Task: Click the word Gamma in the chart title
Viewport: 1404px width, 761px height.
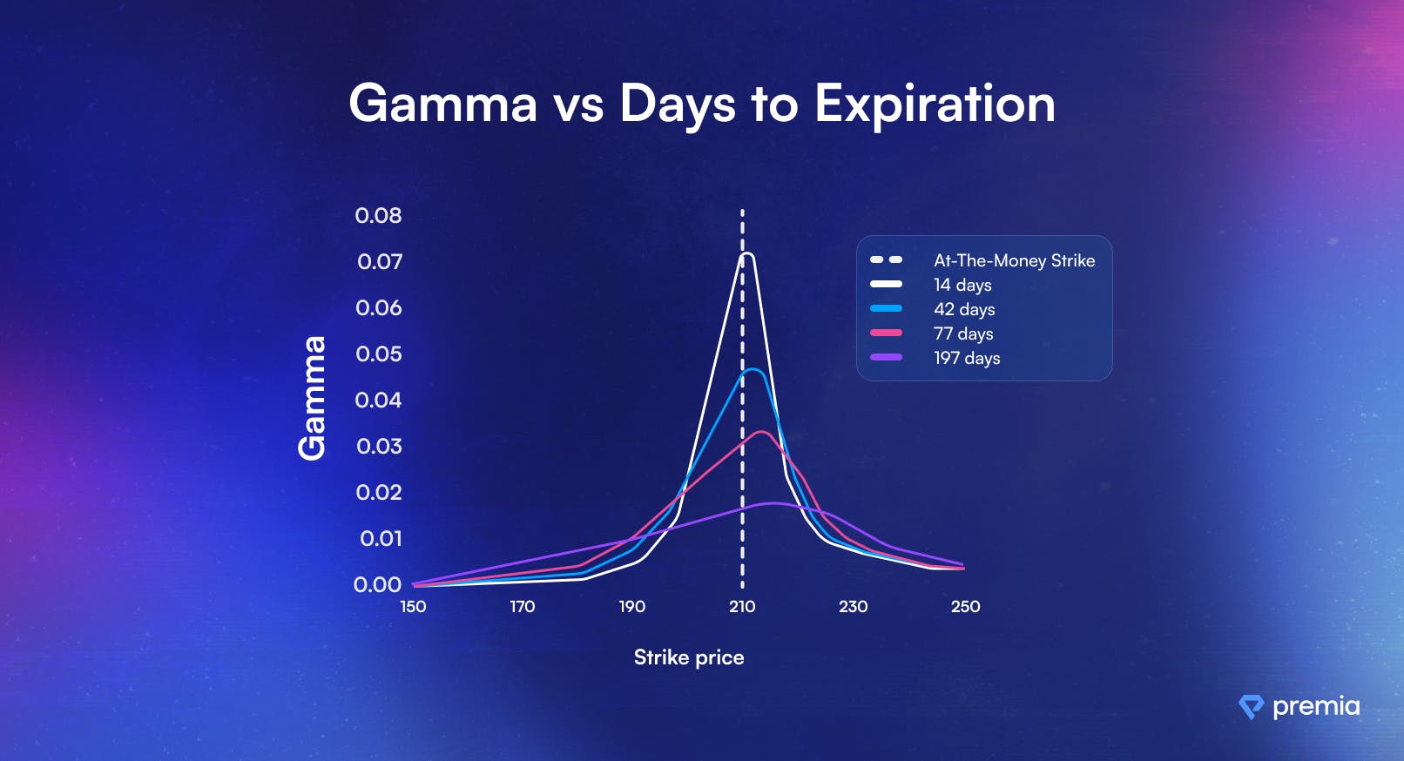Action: click(443, 104)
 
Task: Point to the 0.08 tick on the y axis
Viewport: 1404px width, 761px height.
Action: click(378, 216)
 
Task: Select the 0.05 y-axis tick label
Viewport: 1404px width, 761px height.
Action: click(378, 354)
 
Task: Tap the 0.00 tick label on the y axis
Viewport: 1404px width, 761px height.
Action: click(377, 585)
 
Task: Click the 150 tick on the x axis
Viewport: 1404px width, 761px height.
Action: click(413, 607)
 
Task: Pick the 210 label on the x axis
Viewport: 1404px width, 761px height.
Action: click(742, 607)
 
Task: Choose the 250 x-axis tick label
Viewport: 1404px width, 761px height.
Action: click(965, 607)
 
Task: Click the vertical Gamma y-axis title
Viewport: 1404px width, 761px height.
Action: click(312, 399)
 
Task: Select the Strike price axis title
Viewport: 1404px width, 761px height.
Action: click(689, 657)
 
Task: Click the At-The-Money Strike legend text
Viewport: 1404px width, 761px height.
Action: click(1014, 260)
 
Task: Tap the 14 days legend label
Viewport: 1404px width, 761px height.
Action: click(962, 286)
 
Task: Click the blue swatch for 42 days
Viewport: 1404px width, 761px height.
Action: click(887, 308)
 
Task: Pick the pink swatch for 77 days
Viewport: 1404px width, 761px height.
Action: click(887, 333)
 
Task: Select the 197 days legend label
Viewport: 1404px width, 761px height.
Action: click(967, 359)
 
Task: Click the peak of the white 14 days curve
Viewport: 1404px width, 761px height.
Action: click(746, 254)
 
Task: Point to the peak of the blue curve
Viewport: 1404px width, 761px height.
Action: click(753, 370)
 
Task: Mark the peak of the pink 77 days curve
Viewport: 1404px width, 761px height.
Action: click(761, 432)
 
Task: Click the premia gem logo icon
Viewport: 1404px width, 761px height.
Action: click(1251, 707)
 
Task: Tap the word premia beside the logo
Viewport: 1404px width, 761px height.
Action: click(1316, 707)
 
